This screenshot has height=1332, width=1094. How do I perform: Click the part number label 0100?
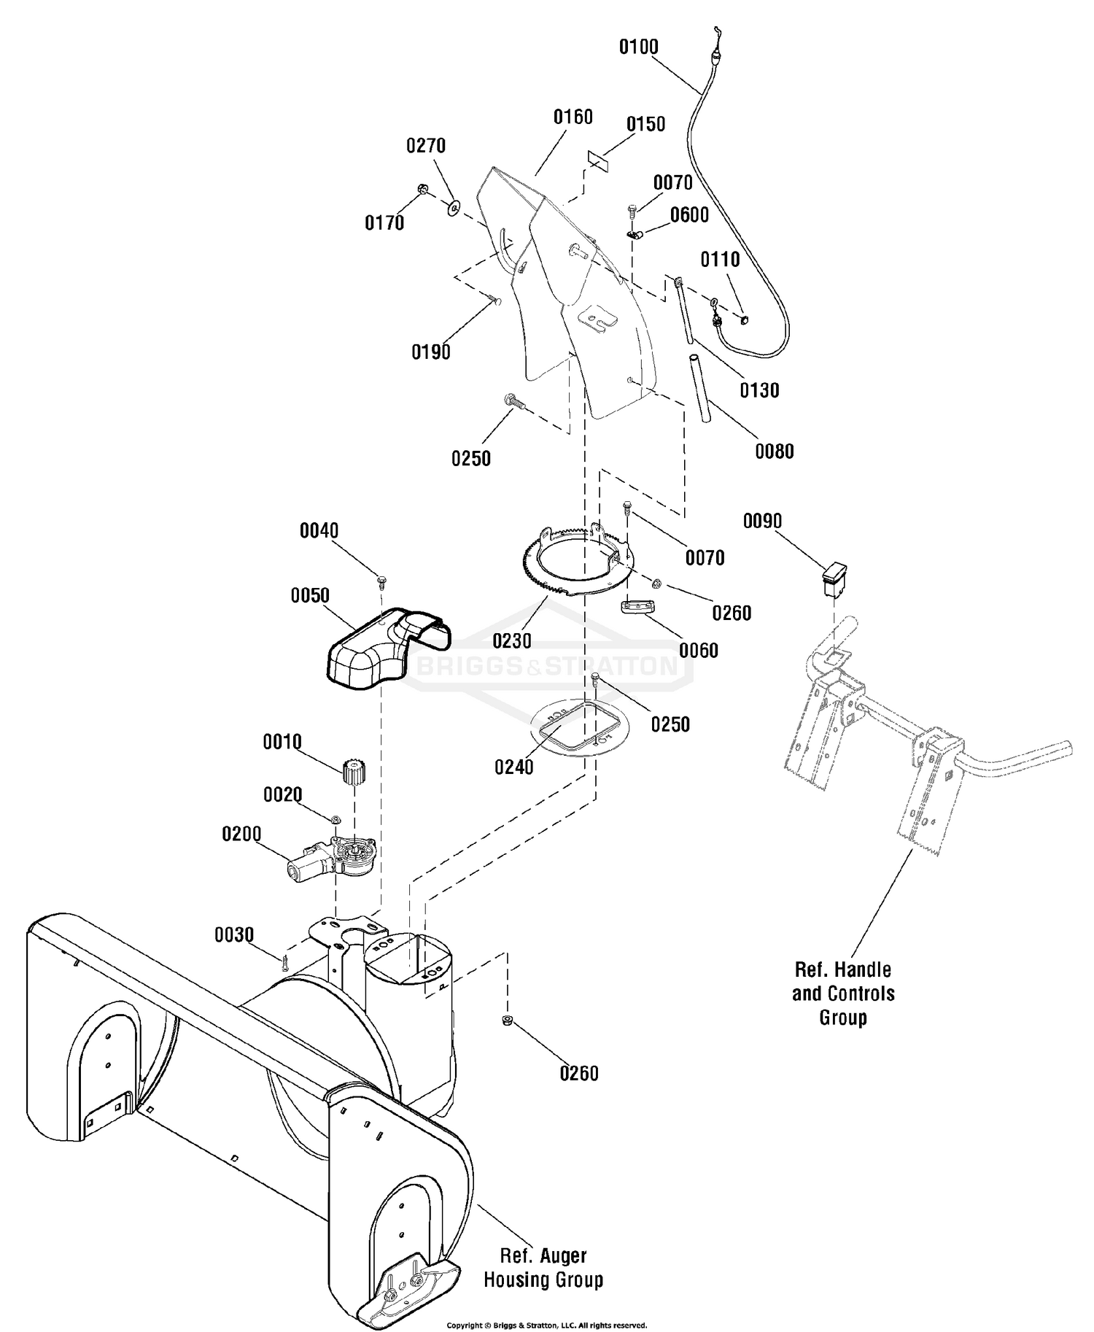(638, 47)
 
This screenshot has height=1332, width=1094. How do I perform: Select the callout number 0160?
(573, 117)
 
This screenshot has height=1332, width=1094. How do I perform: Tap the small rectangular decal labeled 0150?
(597, 162)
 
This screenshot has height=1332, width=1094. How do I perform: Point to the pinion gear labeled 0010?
(354, 772)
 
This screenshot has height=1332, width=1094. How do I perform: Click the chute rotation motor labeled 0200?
(333, 858)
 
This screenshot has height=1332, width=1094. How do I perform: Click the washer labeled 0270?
(454, 209)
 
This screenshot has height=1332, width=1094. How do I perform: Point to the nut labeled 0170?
(422, 191)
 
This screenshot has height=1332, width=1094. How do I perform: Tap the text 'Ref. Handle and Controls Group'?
(843, 994)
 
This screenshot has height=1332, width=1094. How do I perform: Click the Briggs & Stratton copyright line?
(546, 1325)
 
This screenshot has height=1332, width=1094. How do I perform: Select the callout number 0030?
(234, 934)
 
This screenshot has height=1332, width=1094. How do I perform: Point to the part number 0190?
(431, 352)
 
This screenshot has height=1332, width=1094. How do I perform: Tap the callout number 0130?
(760, 390)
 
